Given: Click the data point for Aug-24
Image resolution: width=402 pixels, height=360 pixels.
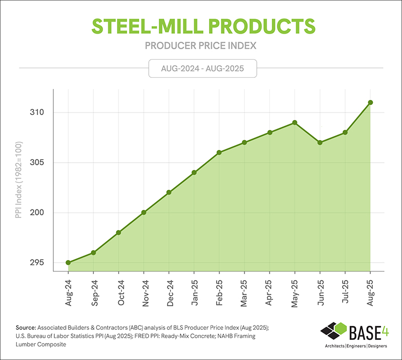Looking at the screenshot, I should pyautogui.click(x=68, y=263).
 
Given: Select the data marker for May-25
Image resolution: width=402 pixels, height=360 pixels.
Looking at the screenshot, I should pyautogui.click(x=294, y=123).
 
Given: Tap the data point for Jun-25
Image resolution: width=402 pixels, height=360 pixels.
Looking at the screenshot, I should pyautogui.click(x=320, y=143).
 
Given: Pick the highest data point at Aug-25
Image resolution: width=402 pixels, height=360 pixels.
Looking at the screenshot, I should pyautogui.click(x=370, y=102).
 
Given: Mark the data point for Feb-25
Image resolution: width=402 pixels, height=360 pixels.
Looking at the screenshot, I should pyautogui.click(x=219, y=153).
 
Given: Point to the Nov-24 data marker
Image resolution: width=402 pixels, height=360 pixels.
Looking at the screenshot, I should pyautogui.click(x=144, y=212).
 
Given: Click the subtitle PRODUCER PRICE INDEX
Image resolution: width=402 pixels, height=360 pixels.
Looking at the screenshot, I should pyautogui.click(x=201, y=46).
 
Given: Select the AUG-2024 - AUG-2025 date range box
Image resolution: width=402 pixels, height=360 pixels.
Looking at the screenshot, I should pyautogui.click(x=203, y=68).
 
